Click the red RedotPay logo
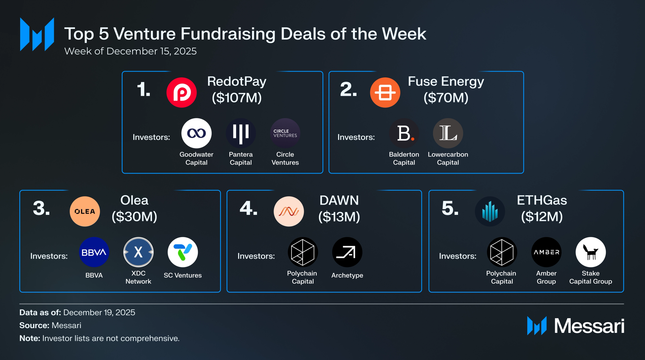(x=182, y=92)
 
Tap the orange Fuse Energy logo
(x=385, y=92)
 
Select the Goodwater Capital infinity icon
(x=196, y=133)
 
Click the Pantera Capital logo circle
(x=241, y=133)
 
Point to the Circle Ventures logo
(x=285, y=133)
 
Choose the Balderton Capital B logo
(x=404, y=133)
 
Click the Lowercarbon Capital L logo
(x=448, y=133)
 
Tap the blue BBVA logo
(x=94, y=252)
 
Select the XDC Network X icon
(x=138, y=252)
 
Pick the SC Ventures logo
(x=183, y=252)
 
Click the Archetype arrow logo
(x=347, y=252)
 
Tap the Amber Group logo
(x=546, y=252)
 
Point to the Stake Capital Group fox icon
(x=590, y=252)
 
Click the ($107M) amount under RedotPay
(x=237, y=98)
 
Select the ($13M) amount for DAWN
(x=339, y=216)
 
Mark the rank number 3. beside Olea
(x=41, y=208)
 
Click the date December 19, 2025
(x=99, y=312)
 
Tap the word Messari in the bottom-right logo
(x=589, y=326)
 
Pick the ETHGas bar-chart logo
(x=490, y=211)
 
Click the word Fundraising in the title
(x=228, y=34)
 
